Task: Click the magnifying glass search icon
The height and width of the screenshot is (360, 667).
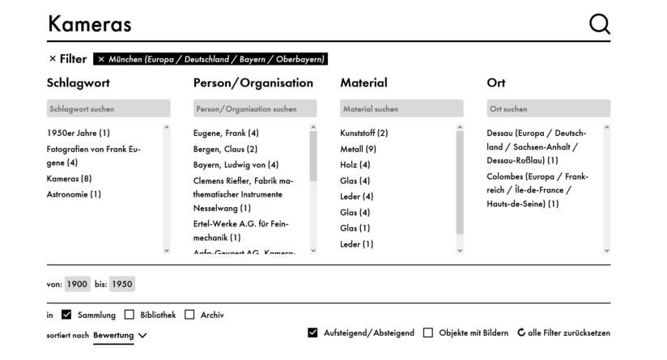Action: click(599, 24)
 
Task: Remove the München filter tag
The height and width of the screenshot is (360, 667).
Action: click(101, 59)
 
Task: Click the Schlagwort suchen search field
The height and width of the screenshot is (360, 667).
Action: click(108, 108)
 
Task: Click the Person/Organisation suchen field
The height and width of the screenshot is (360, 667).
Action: click(255, 108)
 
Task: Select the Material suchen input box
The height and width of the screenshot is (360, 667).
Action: click(401, 108)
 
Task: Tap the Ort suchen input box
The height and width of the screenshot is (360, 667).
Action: click(548, 108)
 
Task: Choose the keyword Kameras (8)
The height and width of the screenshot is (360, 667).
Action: click(70, 179)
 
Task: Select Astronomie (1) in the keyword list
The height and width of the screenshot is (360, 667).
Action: click(74, 194)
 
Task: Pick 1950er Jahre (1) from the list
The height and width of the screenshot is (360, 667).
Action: click(79, 133)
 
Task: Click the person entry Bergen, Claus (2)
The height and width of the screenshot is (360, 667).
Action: click(225, 149)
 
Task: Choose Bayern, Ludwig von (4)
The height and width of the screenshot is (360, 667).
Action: click(236, 164)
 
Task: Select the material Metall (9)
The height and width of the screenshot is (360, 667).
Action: click(358, 149)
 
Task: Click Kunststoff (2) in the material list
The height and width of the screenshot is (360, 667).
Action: click(363, 133)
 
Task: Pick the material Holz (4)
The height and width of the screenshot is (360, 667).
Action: click(355, 164)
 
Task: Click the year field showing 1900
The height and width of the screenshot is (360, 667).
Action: click(78, 284)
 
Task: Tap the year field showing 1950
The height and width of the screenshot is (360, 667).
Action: click(122, 284)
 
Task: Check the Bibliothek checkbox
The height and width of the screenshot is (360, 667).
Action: click(130, 315)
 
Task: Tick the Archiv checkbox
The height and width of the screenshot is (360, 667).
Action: click(189, 315)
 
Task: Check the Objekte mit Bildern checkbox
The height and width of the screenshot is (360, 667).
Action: click(428, 332)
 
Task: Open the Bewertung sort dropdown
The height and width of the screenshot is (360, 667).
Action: click(120, 336)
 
